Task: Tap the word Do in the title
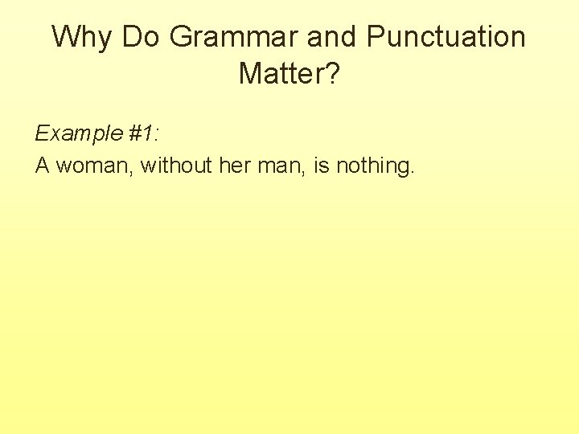pos(144,37)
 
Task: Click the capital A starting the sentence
pos(43,166)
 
